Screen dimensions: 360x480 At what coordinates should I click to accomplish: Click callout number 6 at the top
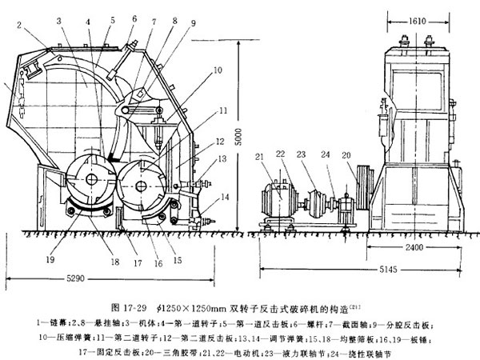point(132,17)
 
